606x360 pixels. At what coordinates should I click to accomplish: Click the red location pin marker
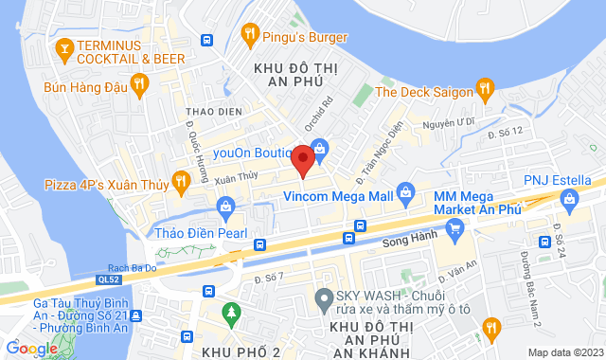(303, 159)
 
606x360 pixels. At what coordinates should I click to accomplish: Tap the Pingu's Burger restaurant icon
(250, 36)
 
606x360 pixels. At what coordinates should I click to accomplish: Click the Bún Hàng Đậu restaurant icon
(139, 86)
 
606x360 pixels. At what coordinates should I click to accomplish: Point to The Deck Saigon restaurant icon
(485, 91)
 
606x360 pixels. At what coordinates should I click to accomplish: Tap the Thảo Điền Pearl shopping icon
(225, 206)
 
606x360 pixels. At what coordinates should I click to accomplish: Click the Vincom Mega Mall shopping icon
(405, 192)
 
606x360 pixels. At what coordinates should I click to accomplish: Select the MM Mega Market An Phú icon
(455, 226)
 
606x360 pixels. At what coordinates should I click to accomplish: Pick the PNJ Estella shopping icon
(568, 198)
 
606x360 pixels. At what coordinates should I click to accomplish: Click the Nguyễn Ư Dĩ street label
(449, 122)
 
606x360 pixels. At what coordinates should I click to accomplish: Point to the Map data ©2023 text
(564, 353)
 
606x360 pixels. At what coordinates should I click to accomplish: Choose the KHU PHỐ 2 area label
(241, 351)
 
